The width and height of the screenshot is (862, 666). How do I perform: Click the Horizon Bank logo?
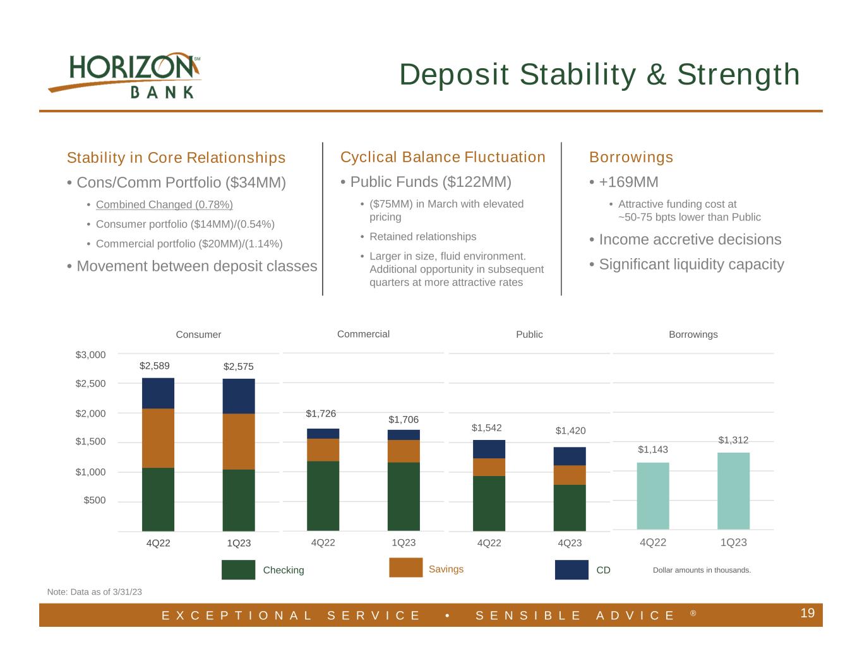point(124,75)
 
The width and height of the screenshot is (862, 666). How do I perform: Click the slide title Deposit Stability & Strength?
point(599,74)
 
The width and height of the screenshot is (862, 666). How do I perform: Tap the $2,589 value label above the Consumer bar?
point(155,366)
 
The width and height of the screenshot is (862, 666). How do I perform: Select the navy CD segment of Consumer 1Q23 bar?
point(239,396)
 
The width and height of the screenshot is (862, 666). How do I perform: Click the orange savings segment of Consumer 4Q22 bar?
point(158,437)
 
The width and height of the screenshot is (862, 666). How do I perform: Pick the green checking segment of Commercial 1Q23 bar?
point(404,496)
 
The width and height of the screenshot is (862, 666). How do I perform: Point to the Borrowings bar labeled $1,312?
point(733,491)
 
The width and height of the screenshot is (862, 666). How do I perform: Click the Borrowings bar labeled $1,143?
point(653,496)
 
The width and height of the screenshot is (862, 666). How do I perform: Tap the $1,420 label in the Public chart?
point(570,431)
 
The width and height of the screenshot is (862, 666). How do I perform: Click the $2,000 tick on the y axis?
point(91,413)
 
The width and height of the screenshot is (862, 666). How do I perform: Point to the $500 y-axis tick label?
point(95,501)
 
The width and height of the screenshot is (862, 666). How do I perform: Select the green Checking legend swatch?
point(238,569)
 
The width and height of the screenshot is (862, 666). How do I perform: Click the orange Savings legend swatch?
point(405,568)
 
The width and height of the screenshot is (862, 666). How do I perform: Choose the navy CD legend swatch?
point(572,569)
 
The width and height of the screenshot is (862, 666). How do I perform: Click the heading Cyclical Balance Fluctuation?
point(443,157)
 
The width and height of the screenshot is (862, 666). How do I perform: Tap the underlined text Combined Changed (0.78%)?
point(164,205)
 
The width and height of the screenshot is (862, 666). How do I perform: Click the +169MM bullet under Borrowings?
point(628,182)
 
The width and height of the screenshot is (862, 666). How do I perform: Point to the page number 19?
point(807,613)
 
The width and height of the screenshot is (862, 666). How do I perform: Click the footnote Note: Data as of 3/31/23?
point(95,592)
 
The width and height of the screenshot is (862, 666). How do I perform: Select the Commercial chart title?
point(363,334)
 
